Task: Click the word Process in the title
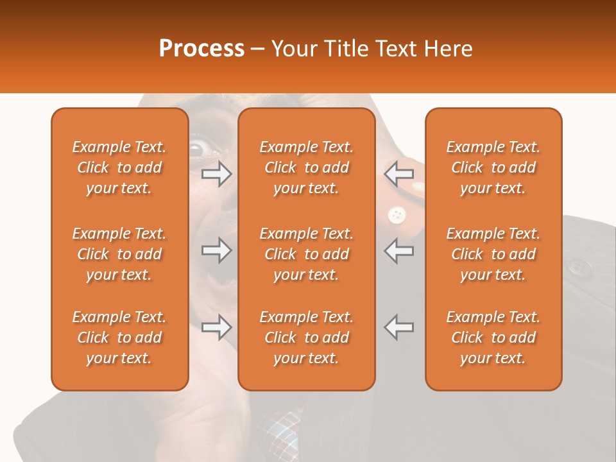(201, 49)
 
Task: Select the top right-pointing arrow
(216, 173)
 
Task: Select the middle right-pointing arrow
(216, 250)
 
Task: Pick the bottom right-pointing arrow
(216, 327)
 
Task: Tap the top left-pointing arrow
(399, 173)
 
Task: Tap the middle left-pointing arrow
(399, 250)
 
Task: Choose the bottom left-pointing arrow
(399, 327)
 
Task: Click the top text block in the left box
(119, 167)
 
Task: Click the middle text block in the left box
(119, 254)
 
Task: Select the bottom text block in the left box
(119, 338)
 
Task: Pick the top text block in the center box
(306, 167)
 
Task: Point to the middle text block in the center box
(306, 254)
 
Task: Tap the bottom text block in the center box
(306, 338)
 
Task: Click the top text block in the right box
(493, 167)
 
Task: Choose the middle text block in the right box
(493, 254)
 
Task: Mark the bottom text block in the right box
(493, 338)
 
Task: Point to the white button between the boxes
(397, 214)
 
